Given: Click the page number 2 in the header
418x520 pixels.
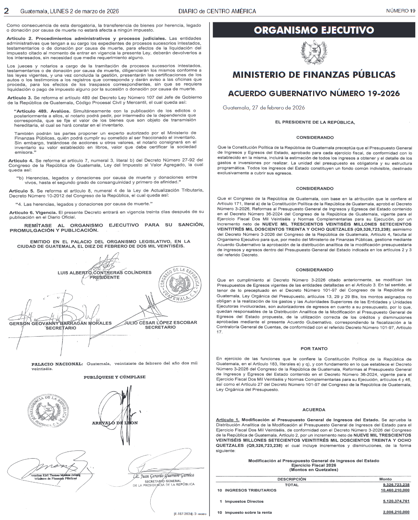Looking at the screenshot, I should click(x=6, y=11).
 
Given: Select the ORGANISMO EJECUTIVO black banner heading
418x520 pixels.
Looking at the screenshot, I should click(x=314, y=30).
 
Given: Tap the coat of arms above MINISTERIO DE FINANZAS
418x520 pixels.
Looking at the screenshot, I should click(x=314, y=52).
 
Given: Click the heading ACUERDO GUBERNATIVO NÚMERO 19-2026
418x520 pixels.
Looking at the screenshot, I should click(x=314, y=93).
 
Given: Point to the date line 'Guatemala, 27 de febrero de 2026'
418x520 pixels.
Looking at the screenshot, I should click(x=264, y=108).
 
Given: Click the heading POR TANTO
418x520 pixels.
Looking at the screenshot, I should click(x=314, y=348).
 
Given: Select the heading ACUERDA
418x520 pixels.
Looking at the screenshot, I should click(x=314, y=410).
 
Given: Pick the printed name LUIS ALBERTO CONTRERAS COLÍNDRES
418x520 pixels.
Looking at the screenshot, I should click(x=104, y=273).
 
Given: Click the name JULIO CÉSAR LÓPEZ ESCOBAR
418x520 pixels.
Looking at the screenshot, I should click(x=160, y=323).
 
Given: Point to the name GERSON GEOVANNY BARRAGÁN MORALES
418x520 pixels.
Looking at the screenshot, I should click(x=61, y=323).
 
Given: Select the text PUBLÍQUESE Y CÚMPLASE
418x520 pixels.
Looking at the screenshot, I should click(x=114, y=377).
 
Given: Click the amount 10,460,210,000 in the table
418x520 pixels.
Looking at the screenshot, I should click(x=396, y=490).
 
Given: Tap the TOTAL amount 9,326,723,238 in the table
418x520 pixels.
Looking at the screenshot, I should click(x=396, y=485).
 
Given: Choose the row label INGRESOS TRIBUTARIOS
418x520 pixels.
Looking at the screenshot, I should click(x=250, y=490).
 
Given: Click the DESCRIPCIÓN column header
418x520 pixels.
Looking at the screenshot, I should click(x=292, y=479).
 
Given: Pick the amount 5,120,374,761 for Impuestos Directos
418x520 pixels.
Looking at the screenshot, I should click(x=396, y=501).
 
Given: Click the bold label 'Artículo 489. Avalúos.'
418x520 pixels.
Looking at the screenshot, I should click(x=42, y=111).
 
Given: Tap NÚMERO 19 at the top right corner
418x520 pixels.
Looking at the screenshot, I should click(x=400, y=11).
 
